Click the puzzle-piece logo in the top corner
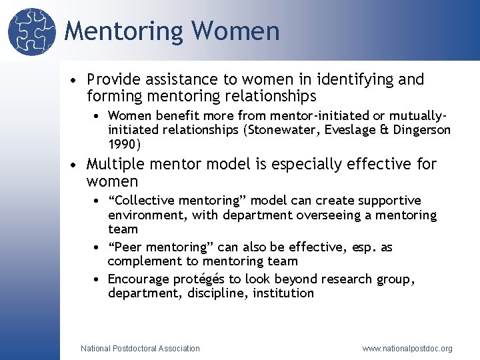[31, 32]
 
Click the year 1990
[123, 144]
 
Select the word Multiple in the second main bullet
[115, 164]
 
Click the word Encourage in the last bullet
[139, 279]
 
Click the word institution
[283, 293]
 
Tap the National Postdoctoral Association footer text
[140, 348]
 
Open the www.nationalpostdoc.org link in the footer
[407, 348]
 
